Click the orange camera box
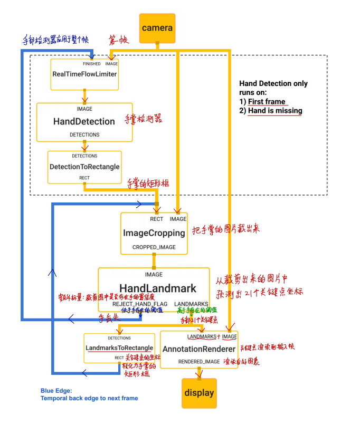coord(157,28)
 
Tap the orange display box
coord(199,393)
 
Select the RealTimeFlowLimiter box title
coord(84,74)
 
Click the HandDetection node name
coord(84,121)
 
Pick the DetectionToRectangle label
coord(84,167)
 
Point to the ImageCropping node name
coord(154,233)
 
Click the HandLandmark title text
coord(157,288)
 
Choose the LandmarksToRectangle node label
coord(119,348)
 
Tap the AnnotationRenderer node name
coord(198,349)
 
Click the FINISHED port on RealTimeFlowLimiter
coord(91,64)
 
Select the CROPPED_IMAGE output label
coord(154,247)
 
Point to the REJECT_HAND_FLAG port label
coord(140,304)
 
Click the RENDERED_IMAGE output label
coord(198,362)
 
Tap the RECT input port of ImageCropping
coord(156,219)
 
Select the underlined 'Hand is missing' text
coord(274,111)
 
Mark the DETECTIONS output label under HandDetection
coord(84,135)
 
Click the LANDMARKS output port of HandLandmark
coord(191,304)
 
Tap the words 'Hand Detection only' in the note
coord(273,83)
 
